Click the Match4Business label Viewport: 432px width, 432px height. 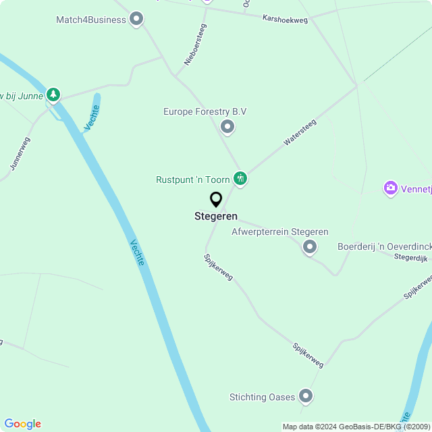tap(91, 20)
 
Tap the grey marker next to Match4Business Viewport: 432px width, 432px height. tap(136, 20)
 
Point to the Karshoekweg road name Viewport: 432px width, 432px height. tap(285, 19)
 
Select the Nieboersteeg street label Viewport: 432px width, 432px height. tap(195, 45)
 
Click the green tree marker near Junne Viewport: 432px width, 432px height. tap(53, 95)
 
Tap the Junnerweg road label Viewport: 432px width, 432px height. tap(20, 154)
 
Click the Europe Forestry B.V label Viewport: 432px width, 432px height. tap(205, 111)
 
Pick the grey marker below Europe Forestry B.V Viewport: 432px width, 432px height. tap(227, 126)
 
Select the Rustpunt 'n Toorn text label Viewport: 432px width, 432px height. tap(193, 180)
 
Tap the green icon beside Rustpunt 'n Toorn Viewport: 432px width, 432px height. tap(240, 179)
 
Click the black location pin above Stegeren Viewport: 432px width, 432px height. tap(216, 200)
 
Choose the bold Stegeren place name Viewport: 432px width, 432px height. tap(216, 217)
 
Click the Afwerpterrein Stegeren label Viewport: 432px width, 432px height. tap(279, 232)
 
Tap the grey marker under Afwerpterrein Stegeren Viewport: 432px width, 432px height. tap(310, 247)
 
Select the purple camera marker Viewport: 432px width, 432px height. tap(390, 188)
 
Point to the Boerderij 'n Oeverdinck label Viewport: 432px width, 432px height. tap(384, 247)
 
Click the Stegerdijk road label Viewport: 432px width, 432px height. tap(411, 257)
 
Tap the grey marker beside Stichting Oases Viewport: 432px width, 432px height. tap(306, 396)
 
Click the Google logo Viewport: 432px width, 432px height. tap(22, 424)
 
